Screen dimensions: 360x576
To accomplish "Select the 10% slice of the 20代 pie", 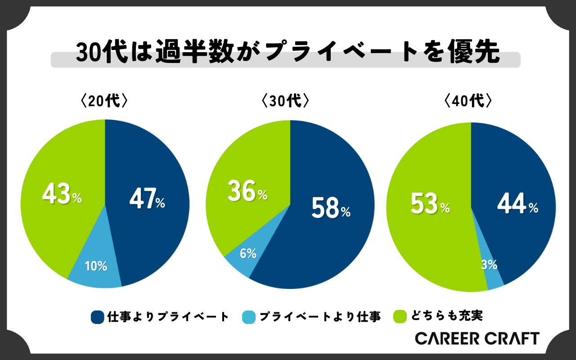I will point(96,266).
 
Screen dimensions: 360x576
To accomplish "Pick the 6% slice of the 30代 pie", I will point(248,254).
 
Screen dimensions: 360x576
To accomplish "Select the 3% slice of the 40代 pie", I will point(489,265).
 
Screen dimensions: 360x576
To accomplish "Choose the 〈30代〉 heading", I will point(285,101).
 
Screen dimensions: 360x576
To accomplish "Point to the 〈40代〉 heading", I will point(466,101).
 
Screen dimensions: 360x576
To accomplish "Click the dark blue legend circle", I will point(97,317).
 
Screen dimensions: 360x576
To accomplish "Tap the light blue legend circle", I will point(248,317).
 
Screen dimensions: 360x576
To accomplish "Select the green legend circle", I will point(399,317).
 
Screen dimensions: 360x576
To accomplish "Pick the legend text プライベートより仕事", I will point(320,317).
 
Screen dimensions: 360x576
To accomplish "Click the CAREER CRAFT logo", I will point(477,338).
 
